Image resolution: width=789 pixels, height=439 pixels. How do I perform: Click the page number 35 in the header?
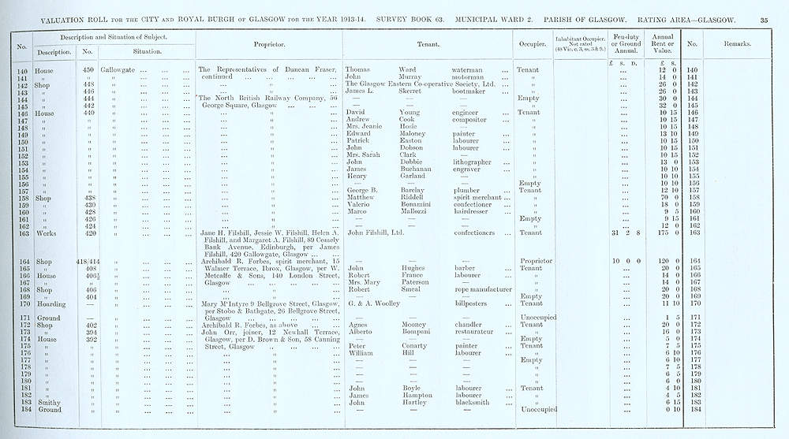tap(764, 18)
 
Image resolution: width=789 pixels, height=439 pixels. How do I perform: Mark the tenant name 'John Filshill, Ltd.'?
tap(376, 233)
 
